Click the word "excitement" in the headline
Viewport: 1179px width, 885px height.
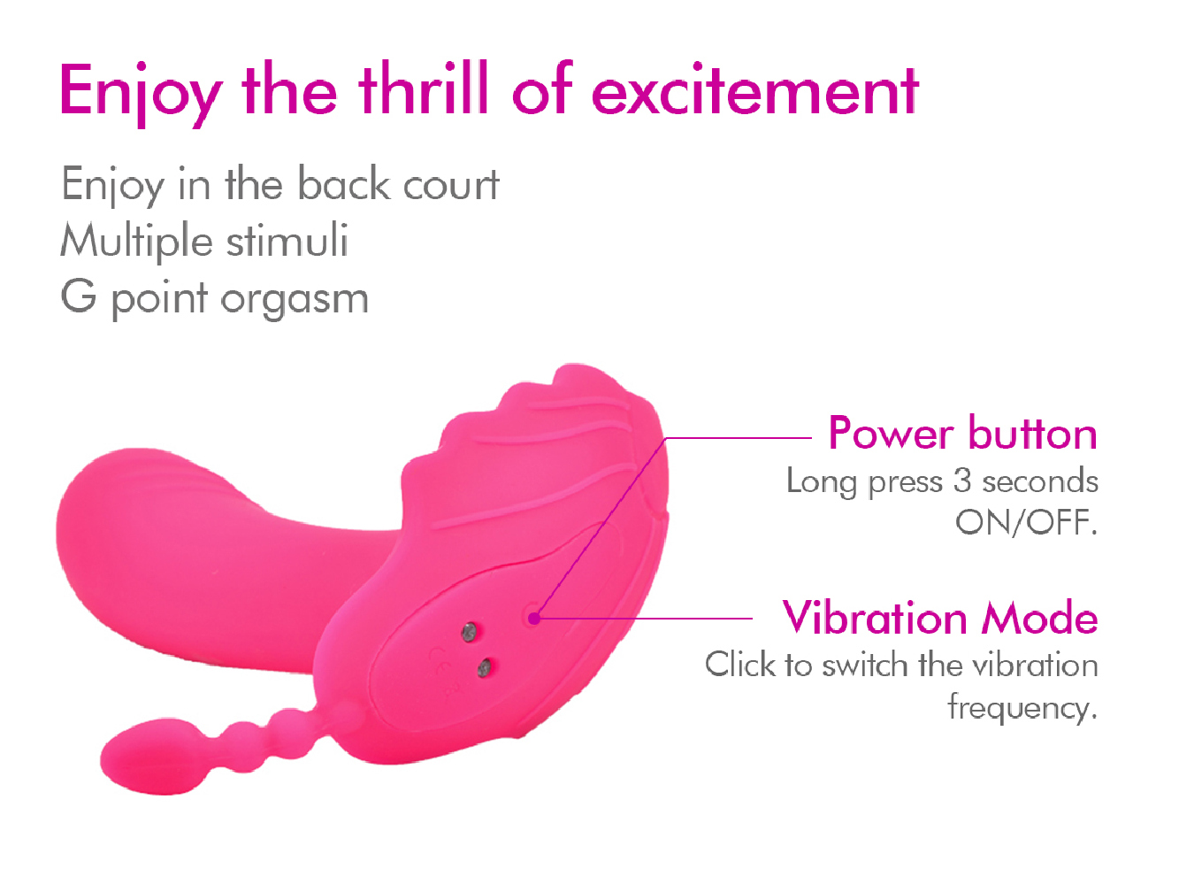(x=755, y=89)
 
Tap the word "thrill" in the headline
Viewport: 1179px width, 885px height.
(x=424, y=88)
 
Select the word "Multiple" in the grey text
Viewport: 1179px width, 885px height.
(x=136, y=242)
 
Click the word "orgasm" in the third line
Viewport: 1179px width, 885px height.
(x=295, y=300)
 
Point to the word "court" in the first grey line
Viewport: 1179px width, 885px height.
(x=451, y=185)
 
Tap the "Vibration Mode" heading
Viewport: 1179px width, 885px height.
(x=940, y=618)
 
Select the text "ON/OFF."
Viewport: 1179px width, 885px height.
(x=1026, y=522)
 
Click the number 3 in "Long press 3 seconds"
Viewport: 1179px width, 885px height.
(x=962, y=480)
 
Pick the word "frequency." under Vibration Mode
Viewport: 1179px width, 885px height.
(x=1022, y=706)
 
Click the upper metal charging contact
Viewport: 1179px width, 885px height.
(x=470, y=633)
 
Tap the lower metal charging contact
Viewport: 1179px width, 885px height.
(x=484, y=668)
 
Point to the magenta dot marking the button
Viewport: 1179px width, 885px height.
(x=534, y=619)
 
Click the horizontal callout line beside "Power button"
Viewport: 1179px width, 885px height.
(x=738, y=438)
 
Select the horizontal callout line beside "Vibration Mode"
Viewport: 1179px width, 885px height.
(x=644, y=619)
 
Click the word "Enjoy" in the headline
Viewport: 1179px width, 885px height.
(x=141, y=94)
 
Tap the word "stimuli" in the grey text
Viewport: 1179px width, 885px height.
(x=287, y=240)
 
